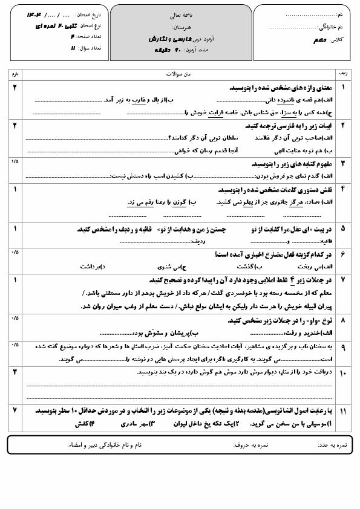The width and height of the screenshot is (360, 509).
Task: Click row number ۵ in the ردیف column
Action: tap(343, 229)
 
